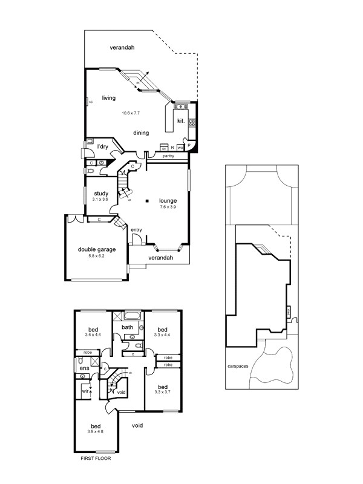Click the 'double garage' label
coord(96,249)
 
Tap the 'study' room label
coord(101,194)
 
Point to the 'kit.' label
coord(180,120)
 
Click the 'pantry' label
coord(169,156)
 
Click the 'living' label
coord(109,98)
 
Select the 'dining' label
coord(142,132)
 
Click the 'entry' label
coord(136,229)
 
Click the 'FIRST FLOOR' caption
coord(96,459)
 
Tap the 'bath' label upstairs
coord(127,327)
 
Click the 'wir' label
coord(85,391)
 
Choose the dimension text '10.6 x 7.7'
coord(130,113)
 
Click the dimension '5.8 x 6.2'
coord(96,256)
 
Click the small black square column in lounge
coord(147,200)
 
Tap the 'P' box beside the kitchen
coord(189,146)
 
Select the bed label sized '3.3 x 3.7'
coord(162,387)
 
